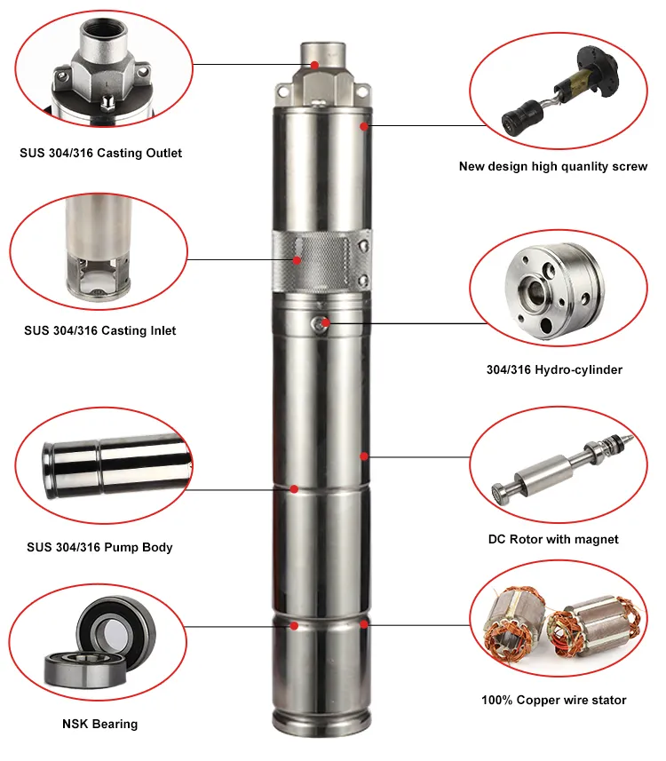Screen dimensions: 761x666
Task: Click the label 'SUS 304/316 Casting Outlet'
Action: point(100,153)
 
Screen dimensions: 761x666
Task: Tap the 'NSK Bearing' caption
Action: point(99,724)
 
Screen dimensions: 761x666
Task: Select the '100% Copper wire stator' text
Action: point(553,700)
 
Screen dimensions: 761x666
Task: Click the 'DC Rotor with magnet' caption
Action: point(553,539)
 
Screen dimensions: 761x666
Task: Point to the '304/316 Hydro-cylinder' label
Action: point(553,369)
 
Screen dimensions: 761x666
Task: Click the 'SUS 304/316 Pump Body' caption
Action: point(99,547)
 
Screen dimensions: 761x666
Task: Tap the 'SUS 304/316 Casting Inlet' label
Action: point(99,330)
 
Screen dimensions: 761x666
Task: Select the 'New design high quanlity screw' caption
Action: point(553,166)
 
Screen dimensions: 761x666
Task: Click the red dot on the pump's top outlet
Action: point(314,64)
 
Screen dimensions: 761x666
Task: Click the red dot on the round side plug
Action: point(326,322)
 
